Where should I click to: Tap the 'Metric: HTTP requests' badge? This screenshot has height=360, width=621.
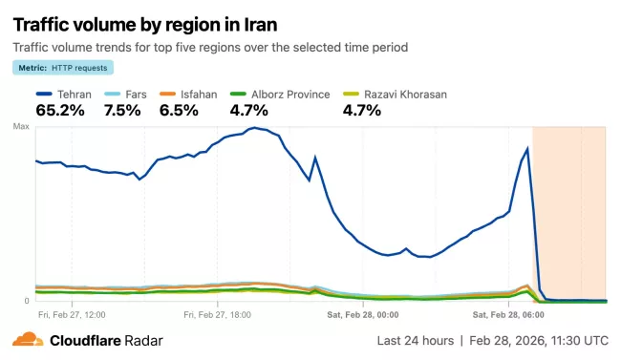tap(63, 67)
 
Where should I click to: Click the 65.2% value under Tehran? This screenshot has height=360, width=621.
tap(60, 110)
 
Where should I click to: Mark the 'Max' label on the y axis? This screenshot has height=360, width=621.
tap(21, 127)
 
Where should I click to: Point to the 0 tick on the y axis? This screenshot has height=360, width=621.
tap(26, 301)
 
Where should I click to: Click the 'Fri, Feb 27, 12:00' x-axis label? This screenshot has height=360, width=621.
tap(72, 313)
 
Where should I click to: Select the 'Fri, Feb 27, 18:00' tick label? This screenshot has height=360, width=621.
tap(218, 313)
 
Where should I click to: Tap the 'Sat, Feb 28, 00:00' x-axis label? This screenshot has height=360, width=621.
tap(363, 313)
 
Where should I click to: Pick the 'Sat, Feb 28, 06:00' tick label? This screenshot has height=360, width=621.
tap(508, 313)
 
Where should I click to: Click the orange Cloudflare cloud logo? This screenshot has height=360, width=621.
tap(28, 339)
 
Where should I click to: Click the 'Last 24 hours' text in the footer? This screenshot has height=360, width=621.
tap(415, 340)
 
